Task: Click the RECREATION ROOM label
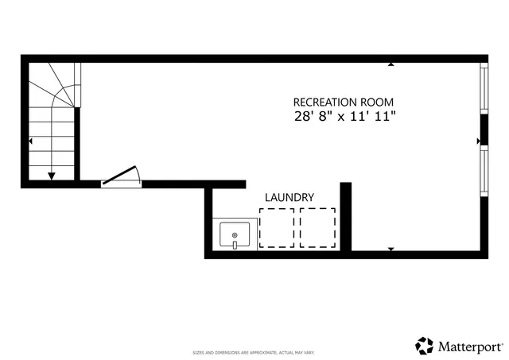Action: pos(343,102)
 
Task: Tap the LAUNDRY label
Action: pos(289,198)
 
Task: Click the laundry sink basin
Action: pos(235,235)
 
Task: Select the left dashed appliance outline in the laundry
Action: pos(277,228)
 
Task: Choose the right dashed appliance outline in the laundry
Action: pos(317,228)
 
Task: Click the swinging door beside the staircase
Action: pos(122,176)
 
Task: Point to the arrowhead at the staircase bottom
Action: pos(52,176)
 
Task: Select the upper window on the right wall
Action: pos(484,88)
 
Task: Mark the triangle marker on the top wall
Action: pos(390,64)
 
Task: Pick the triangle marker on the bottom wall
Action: pos(390,249)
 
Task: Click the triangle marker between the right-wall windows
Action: pos(479,141)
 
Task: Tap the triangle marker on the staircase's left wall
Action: pos(30,141)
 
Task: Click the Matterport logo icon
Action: pos(424,346)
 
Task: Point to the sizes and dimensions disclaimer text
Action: pos(254,352)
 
